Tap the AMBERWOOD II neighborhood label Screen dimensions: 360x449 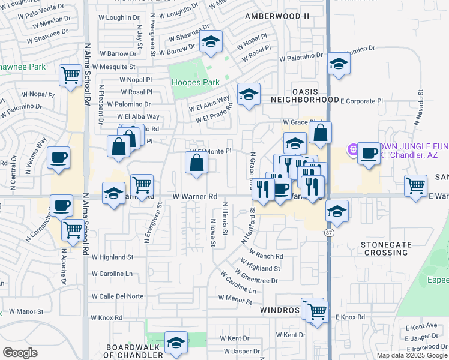click(x=277, y=16)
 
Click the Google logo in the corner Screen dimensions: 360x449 click(x=20, y=352)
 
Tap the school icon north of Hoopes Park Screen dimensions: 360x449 click(x=210, y=43)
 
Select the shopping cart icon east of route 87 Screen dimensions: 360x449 click(x=415, y=185)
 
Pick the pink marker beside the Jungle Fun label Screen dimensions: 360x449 click(x=354, y=149)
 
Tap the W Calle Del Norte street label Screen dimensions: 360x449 click(x=117, y=296)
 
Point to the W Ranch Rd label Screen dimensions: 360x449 click(x=265, y=256)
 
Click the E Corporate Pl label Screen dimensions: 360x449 click(x=361, y=101)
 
